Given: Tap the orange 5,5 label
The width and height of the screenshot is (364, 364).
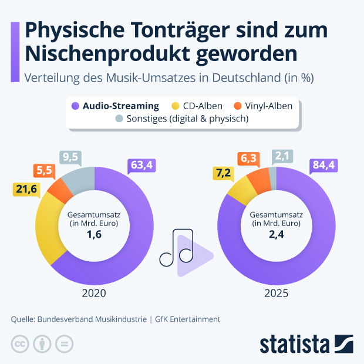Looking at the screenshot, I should point(43,170).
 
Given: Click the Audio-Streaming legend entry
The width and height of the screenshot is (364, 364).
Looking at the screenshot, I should point(115,106).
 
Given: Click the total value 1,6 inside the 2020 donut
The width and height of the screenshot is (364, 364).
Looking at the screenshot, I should point(94,235).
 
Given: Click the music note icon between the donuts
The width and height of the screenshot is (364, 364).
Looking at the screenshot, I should point(177,248).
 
